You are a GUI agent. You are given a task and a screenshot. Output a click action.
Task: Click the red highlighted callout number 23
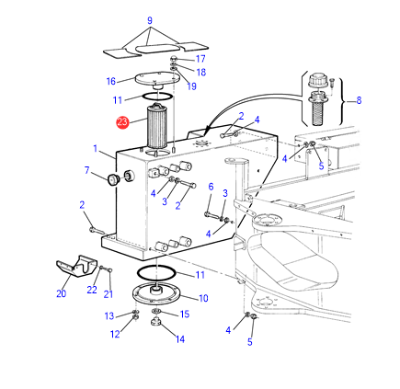tap(122, 122)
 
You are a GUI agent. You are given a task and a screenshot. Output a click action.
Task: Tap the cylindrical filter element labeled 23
tap(157, 126)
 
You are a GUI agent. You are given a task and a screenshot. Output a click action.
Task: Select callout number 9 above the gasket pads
tap(150, 20)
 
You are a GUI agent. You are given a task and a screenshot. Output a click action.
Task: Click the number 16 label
tap(111, 81)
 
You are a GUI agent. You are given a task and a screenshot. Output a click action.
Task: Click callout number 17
tap(200, 59)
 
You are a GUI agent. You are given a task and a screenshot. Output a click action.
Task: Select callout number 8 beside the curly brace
tap(359, 100)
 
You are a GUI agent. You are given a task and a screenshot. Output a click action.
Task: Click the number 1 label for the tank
tap(96, 149)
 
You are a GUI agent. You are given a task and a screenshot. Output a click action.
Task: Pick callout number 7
tap(87, 170)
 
